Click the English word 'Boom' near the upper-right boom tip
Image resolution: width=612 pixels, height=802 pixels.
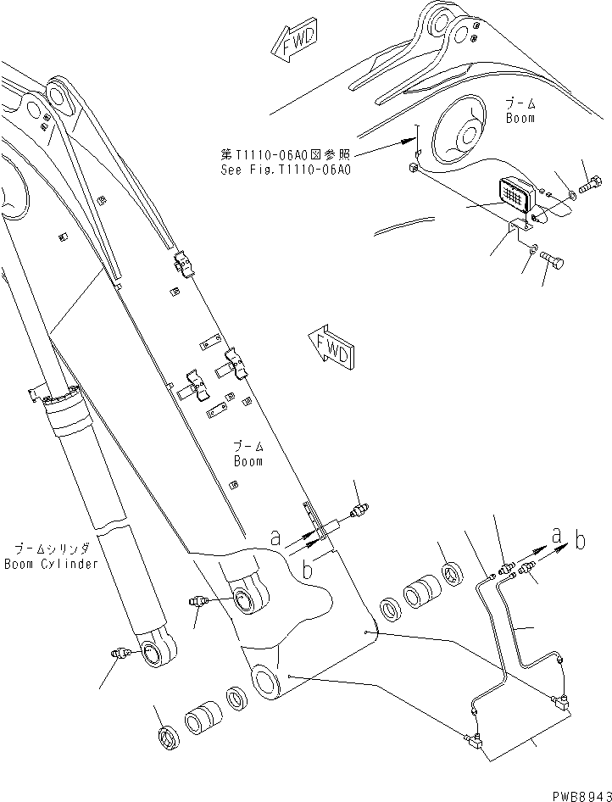(x=520, y=119)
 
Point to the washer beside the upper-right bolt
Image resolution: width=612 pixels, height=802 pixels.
(x=571, y=196)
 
